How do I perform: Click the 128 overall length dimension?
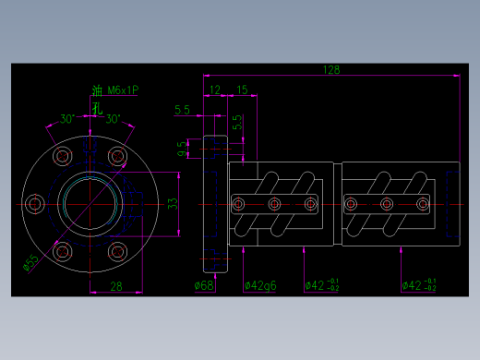[330, 70]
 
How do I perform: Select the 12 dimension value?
[215, 90]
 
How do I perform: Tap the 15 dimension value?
[243, 90]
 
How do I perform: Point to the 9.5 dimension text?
[183, 149]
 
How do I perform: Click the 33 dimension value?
[172, 203]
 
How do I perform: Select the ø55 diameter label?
[31, 263]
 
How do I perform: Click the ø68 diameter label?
[205, 285]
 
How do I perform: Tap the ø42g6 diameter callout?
[261, 285]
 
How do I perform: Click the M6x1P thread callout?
[123, 90]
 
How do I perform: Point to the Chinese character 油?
[97, 91]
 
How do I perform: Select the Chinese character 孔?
[97, 107]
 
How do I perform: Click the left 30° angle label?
[67, 119]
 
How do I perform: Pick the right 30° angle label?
[113, 119]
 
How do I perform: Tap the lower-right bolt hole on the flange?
[116, 250]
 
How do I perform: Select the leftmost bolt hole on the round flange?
[35, 203]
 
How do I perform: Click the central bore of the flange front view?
[89, 203]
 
